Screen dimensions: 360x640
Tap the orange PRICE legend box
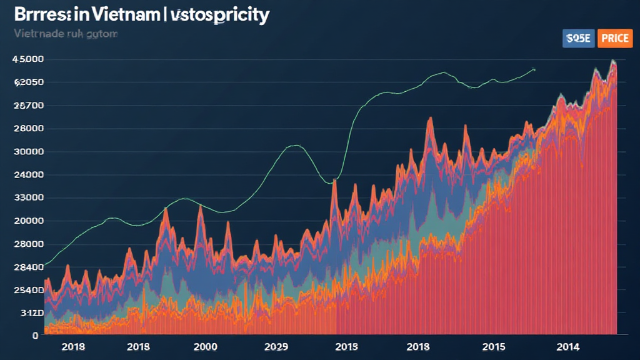[615, 38]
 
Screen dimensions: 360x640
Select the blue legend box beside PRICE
[578, 38]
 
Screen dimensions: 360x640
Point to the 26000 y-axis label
[29, 129]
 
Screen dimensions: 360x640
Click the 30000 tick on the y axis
[29, 152]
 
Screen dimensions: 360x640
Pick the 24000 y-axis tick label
[29, 175]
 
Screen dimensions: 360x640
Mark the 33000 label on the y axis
[29, 198]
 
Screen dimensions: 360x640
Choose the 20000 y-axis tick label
[29, 221]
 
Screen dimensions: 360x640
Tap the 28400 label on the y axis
[29, 267]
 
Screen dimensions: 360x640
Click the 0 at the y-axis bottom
[36, 336]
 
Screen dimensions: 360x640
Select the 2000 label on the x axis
[206, 346]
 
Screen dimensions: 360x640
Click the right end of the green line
[534, 69]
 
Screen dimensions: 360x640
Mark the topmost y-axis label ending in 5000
[27, 59]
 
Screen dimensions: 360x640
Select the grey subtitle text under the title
[65, 34]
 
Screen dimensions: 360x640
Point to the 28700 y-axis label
[29, 106]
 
